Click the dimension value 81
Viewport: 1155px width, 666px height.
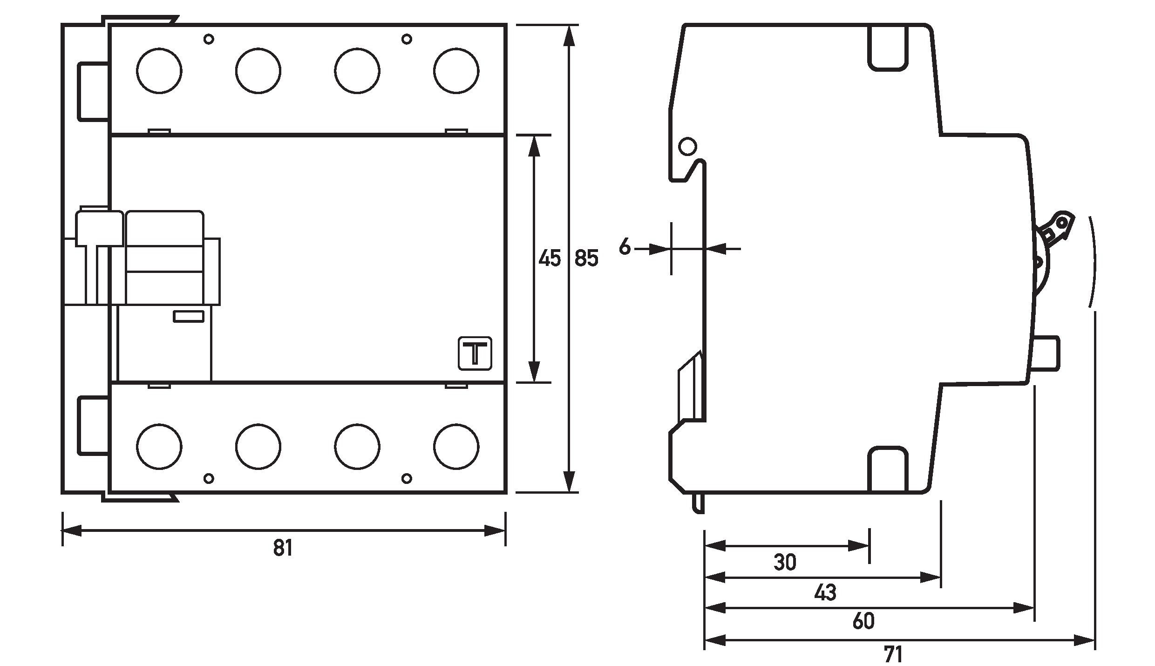click(x=283, y=548)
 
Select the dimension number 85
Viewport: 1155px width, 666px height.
click(x=586, y=258)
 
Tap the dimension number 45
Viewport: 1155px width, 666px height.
click(x=550, y=258)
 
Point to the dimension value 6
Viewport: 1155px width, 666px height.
click(x=625, y=247)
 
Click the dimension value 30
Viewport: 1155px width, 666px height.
click(x=785, y=563)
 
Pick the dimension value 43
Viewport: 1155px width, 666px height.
click(x=825, y=592)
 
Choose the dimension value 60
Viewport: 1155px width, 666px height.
click(x=863, y=622)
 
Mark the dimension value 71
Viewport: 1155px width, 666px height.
click(x=893, y=654)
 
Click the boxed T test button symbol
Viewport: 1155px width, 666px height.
click(x=475, y=353)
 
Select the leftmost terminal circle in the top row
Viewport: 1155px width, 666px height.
click(x=159, y=71)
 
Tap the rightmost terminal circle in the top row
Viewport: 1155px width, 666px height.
click(x=456, y=71)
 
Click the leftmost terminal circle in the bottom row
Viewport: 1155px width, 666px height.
click(x=159, y=446)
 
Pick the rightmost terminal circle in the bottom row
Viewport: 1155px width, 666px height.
click(x=456, y=446)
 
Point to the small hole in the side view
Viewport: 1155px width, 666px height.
click(x=688, y=146)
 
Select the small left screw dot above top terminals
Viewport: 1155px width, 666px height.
click(x=209, y=39)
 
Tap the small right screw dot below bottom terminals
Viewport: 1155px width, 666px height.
click(x=407, y=478)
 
